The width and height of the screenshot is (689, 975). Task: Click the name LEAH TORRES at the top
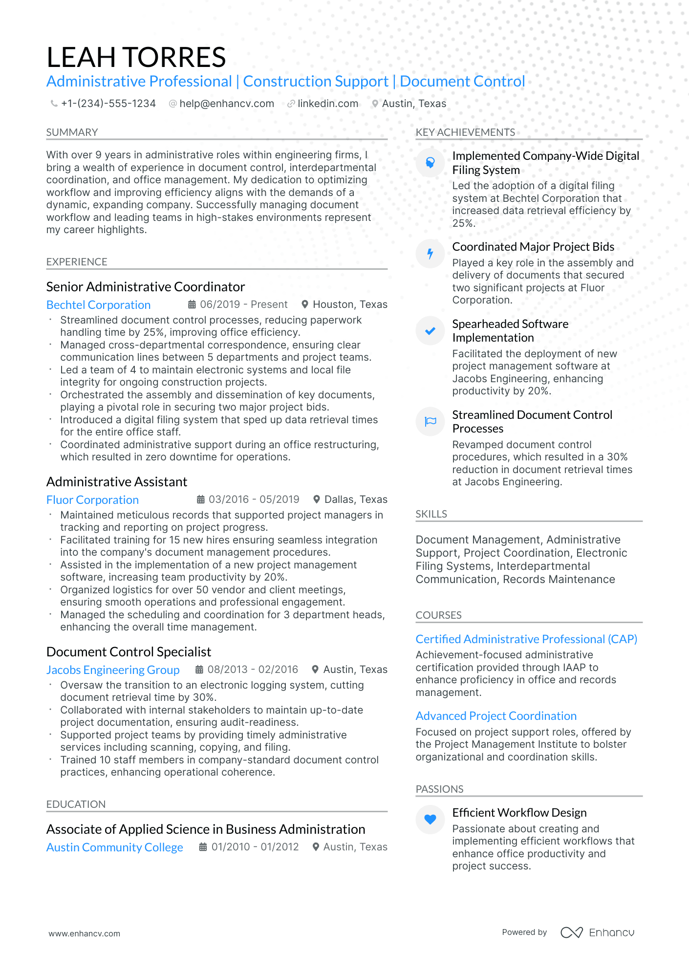(x=136, y=57)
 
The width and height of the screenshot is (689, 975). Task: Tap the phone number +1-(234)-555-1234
(x=108, y=104)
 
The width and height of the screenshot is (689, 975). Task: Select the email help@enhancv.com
(x=226, y=104)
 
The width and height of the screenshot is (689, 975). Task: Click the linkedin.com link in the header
(x=327, y=104)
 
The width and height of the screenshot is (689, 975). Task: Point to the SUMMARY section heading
(x=72, y=132)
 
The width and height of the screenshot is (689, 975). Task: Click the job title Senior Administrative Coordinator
(x=145, y=287)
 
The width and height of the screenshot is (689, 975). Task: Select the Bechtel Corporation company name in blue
(x=98, y=305)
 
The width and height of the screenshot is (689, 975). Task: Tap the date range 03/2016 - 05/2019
(x=254, y=499)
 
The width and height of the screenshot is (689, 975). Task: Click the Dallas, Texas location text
(x=356, y=499)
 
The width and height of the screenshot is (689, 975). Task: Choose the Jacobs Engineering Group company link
(x=113, y=670)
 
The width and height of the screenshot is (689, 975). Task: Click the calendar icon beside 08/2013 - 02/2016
(x=199, y=670)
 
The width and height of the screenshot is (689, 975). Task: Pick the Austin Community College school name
(x=114, y=847)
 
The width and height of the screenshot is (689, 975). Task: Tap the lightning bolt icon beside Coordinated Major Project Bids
(x=430, y=254)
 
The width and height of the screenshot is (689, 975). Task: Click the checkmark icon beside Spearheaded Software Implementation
(x=430, y=331)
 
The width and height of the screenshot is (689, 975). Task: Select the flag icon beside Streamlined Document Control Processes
(x=430, y=421)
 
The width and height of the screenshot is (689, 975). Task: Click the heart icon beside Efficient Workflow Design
(x=430, y=820)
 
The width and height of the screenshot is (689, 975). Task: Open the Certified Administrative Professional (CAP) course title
(x=526, y=639)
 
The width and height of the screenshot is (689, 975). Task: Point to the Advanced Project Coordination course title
(x=496, y=716)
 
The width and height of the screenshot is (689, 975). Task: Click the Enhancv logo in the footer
(x=597, y=932)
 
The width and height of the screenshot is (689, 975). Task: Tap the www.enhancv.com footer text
(x=84, y=933)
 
